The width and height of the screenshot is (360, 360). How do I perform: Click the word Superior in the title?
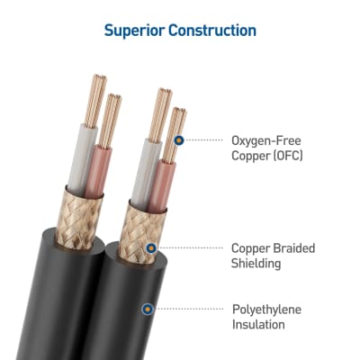[134, 31]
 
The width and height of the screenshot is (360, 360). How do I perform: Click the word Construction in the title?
[212, 31]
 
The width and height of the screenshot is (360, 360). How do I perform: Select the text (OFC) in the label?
[288, 156]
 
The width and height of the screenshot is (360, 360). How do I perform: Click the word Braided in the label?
[294, 248]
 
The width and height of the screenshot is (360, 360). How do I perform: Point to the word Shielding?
[256, 264]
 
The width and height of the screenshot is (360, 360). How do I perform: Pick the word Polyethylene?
[266, 310]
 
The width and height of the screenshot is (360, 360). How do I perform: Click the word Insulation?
[258, 325]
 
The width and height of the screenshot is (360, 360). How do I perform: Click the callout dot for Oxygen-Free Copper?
[179, 140]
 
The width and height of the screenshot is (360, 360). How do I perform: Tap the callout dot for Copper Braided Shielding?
[151, 248]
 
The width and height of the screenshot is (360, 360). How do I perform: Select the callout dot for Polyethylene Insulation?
[148, 309]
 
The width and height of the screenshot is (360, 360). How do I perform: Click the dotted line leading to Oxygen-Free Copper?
[203, 140]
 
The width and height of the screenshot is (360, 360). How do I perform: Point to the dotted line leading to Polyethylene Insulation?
[188, 309]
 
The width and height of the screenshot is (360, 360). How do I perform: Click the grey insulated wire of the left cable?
[80, 159]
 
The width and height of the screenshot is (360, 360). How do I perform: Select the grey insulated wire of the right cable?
[146, 174]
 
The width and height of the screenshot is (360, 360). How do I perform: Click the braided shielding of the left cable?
[79, 219]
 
